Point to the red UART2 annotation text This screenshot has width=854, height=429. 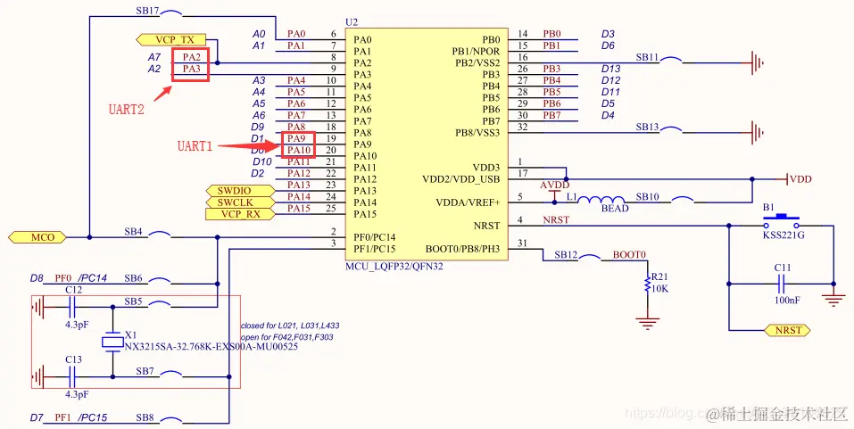click(x=128, y=111)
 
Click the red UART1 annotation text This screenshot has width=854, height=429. click(x=195, y=145)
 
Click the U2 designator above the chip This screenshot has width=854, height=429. click(x=351, y=21)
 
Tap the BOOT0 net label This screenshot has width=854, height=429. click(x=628, y=255)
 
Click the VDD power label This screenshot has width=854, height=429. click(x=800, y=179)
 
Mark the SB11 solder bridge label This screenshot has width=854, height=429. click(x=647, y=57)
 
